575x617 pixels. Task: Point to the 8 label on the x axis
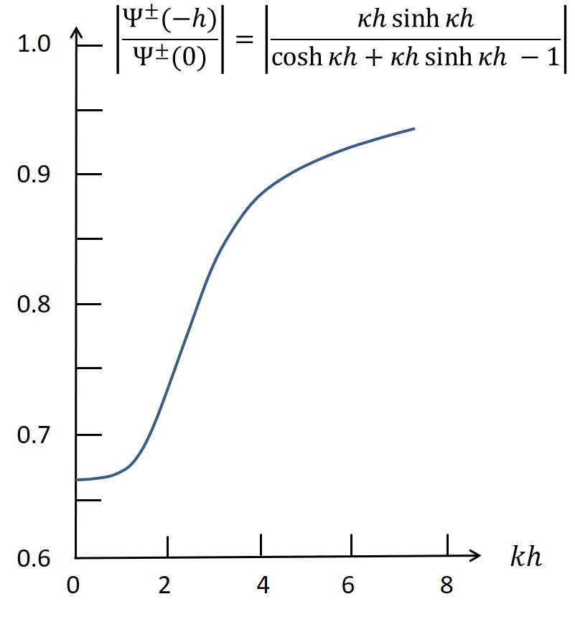pos(447,586)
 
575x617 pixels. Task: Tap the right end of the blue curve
pos(414,129)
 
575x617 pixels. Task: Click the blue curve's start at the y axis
pos(77,479)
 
